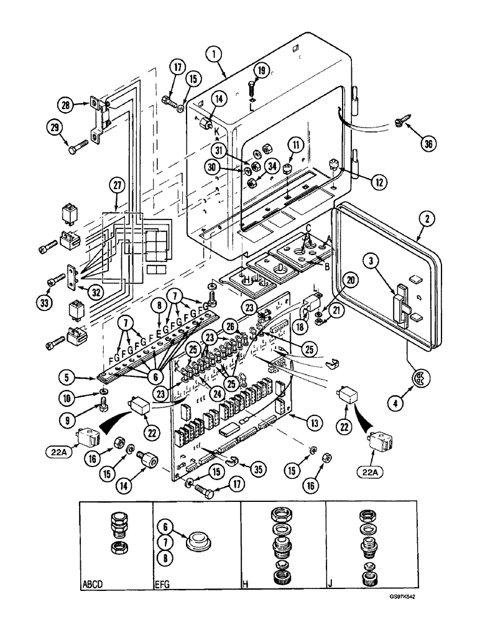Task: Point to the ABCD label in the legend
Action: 93,585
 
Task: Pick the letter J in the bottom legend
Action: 330,585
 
